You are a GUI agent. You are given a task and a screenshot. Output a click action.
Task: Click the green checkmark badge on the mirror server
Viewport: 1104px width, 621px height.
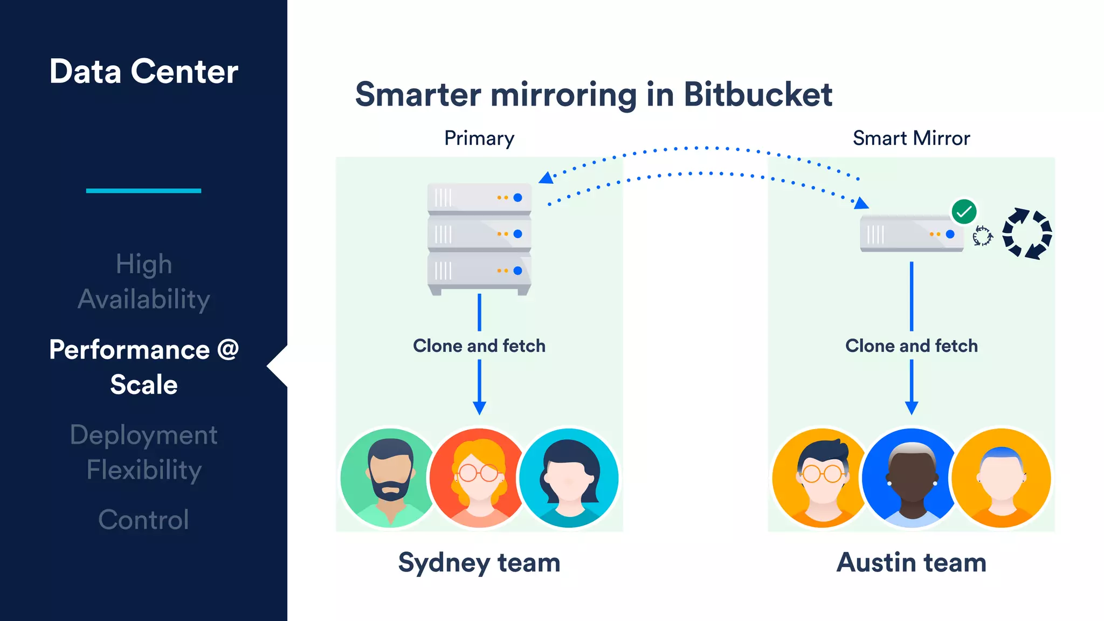[x=964, y=212]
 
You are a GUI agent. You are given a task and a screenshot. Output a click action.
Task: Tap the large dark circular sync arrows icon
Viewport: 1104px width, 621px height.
[x=1027, y=234]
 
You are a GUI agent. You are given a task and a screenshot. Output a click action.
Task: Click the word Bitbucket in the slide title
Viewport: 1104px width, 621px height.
[x=758, y=95]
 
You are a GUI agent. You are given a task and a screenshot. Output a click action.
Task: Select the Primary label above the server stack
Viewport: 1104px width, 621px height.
[x=479, y=139]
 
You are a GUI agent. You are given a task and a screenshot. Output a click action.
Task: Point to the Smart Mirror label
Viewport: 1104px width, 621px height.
[x=911, y=139]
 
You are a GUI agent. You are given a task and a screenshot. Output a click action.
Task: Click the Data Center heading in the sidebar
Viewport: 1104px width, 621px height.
[x=143, y=72]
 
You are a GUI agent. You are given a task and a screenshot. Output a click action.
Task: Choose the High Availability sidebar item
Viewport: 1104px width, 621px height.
[x=143, y=281]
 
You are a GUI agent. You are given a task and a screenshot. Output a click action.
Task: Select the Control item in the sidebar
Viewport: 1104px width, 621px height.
[x=143, y=520]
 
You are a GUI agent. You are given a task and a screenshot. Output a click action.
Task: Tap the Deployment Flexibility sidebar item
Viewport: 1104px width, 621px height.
[x=143, y=452]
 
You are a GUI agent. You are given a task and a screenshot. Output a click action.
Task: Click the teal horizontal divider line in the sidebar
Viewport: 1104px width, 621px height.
[x=143, y=191]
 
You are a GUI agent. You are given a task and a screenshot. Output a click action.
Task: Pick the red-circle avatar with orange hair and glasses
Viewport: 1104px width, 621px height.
[x=479, y=478]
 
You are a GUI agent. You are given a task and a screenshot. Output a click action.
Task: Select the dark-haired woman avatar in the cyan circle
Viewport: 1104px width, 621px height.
[x=569, y=478]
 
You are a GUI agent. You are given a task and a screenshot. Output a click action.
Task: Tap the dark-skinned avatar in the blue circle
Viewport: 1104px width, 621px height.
[x=912, y=478]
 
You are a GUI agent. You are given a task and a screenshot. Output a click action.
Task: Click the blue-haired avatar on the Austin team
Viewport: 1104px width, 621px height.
[x=1001, y=478]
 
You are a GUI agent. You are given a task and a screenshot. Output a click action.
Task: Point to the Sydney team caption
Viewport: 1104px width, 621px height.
[x=479, y=563]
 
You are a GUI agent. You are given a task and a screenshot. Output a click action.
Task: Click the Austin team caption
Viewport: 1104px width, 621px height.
[x=912, y=563]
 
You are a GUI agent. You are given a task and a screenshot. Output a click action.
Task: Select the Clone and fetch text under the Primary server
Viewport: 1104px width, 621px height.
[x=479, y=346]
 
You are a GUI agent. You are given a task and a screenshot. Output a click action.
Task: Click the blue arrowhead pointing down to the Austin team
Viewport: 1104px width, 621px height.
[x=912, y=408]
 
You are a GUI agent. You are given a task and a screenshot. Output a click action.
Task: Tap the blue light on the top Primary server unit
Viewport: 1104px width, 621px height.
[x=518, y=198]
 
